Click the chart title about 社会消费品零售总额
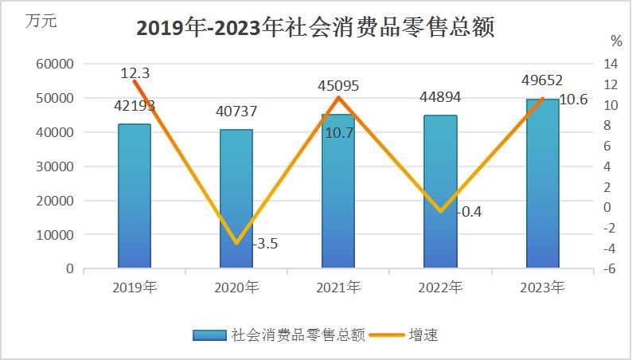coord(316,28)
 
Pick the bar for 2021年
coord(338,191)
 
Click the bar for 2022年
coord(440,192)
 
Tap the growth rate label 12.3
coord(135,73)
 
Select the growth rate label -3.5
coord(264,244)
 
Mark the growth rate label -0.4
coord(470,212)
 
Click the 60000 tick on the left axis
coord(57,64)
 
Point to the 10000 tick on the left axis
coord(57,235)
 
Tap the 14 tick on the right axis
coord(611,64)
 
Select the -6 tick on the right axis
coord(611,269)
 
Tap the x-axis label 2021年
coord(338,288)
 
